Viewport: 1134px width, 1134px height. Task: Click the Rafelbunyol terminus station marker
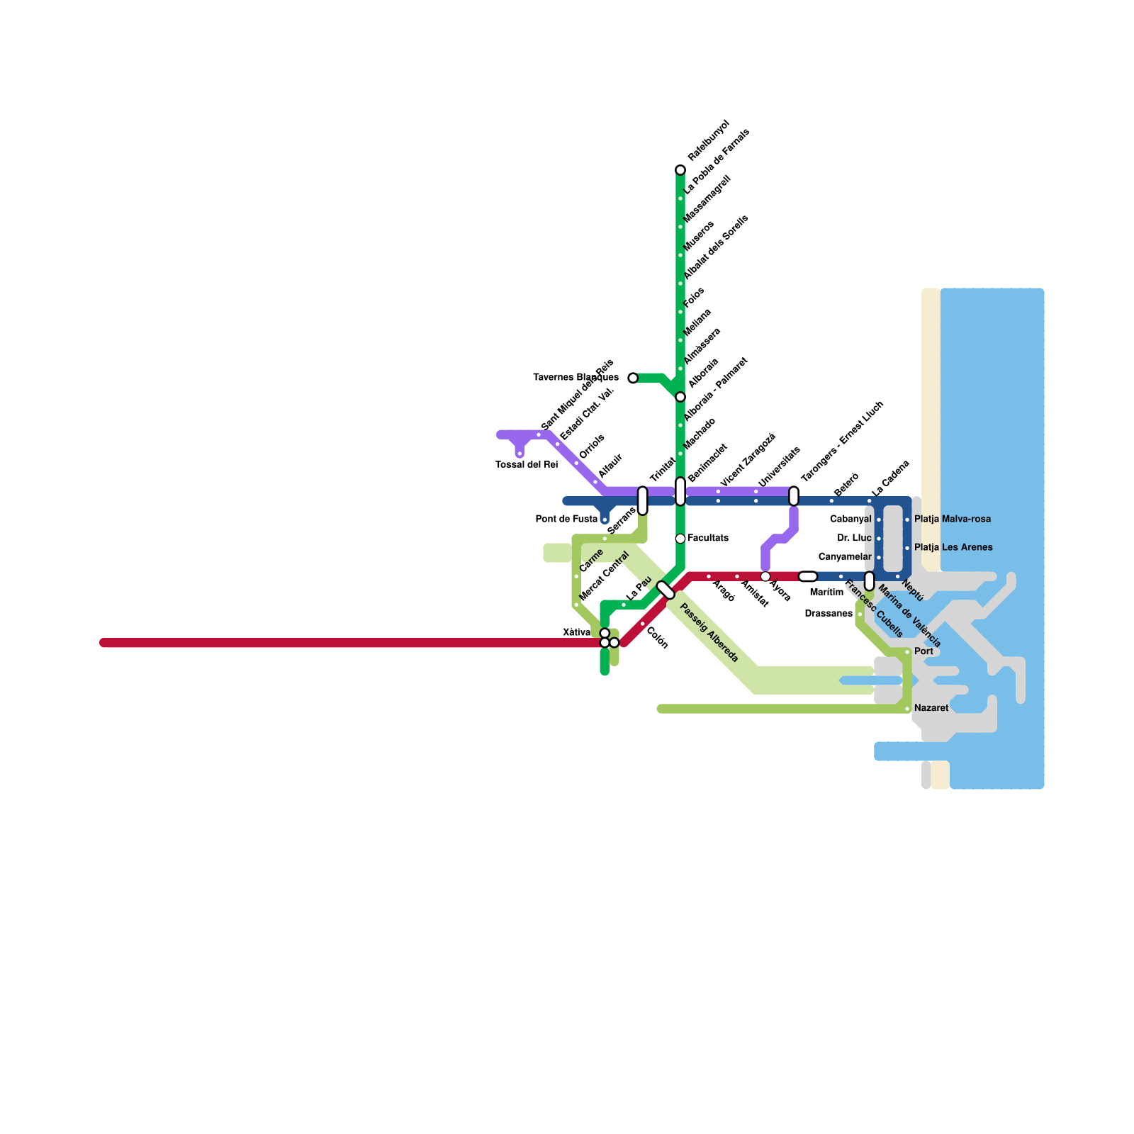[680, 170]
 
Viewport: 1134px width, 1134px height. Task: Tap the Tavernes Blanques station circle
[633, 378]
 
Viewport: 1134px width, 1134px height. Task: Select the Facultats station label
[707, 539]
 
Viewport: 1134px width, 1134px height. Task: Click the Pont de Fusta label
[566, 520]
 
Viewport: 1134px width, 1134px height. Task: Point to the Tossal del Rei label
[527, 465]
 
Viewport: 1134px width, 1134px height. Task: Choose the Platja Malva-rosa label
[952, 520]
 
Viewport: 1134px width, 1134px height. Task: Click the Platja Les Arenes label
[953, 548]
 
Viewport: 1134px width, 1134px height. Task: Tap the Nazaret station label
[931, 708]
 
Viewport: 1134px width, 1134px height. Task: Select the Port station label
[924, 651]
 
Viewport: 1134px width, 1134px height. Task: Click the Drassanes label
[829, 614]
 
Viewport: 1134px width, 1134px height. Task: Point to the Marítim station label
[826, 592]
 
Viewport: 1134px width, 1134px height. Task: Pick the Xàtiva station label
[576, 632]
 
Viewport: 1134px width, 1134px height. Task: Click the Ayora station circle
[765, 576]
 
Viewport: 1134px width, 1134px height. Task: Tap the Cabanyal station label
[850, 520]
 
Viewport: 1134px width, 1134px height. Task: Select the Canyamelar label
[845, 557]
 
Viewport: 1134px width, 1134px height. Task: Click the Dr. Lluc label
[854, 539]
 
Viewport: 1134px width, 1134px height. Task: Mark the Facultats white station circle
[680, 539]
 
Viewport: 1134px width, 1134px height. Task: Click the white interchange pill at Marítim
[808, 576]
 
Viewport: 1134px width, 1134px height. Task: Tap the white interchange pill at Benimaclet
[680, 491]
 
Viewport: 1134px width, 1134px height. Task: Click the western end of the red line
[104, 643]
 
